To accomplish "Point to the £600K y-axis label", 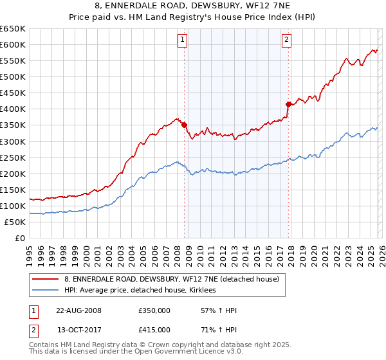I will pos(13,44).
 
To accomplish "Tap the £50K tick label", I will pos(15,222).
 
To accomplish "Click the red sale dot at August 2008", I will pos(184,125).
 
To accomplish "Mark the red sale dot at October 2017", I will pos(288,104).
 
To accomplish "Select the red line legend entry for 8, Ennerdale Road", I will pos(171,279).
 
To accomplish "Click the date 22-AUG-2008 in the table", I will pos(78,310).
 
